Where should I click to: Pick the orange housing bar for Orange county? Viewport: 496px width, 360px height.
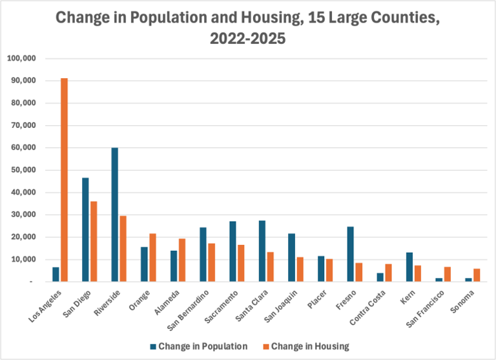[152, 257]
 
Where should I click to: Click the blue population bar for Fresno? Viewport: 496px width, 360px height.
[350, 254]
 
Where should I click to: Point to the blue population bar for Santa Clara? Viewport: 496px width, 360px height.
[262, 251]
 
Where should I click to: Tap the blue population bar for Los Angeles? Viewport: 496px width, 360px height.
[56, 274]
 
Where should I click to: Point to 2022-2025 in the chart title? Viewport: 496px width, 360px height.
[247, 38]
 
